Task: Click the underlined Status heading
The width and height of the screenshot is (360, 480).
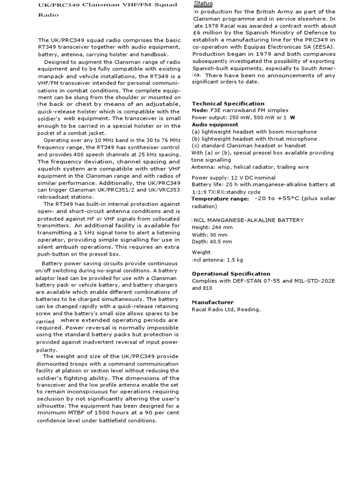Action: click(x=203, y=4)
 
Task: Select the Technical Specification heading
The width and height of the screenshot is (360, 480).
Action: click(x=228, y=104)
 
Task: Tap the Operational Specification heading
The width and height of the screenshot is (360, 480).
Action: click(x=231, y=274)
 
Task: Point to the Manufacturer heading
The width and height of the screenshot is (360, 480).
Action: click(x=212, y=302)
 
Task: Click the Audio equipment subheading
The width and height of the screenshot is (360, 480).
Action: click(x=215, y=125)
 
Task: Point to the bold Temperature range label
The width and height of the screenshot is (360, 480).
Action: click(x=220, y=199)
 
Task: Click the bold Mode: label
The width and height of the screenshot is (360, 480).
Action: click(x=200, y=110)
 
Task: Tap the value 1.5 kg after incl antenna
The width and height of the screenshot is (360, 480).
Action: click(x=235, y=260)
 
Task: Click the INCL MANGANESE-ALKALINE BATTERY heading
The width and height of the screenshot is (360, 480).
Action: click(x=247, y=220)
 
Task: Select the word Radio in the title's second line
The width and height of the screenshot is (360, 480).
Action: click(x=48, y=15)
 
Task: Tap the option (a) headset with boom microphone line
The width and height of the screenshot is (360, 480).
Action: click(x=254, y=132)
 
